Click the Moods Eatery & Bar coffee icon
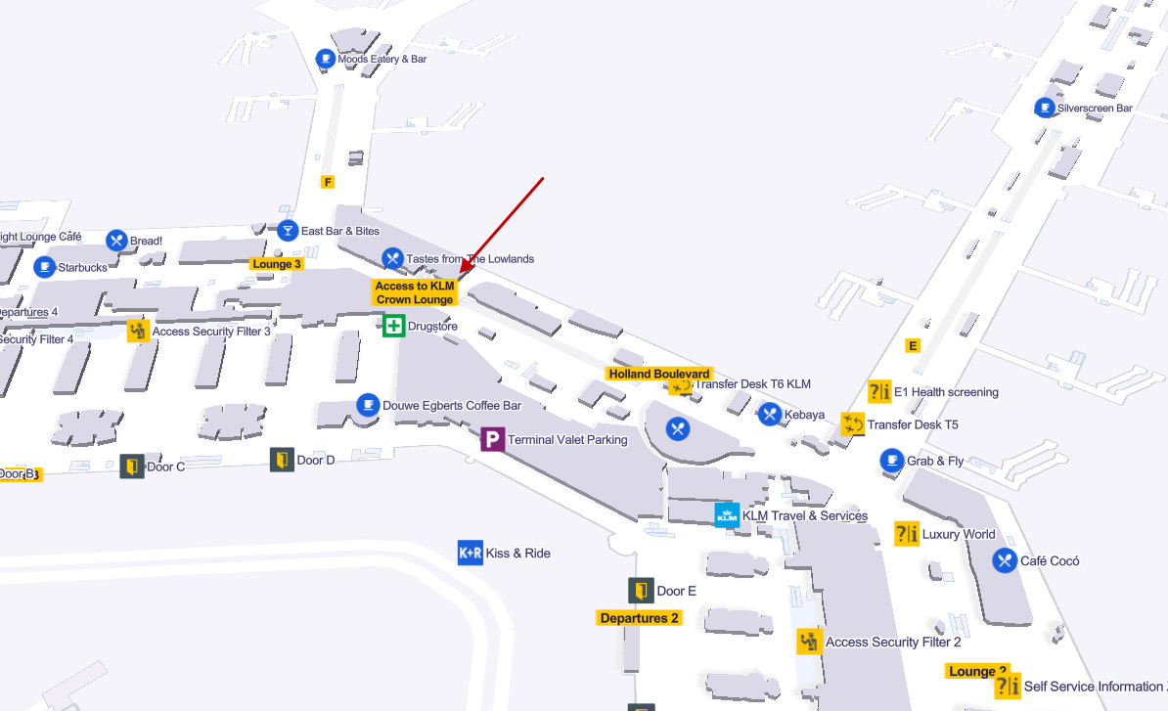pyautogui.click(x=325, y=60)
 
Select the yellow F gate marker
pyautogui.click(x=328, y=182)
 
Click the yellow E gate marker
pyautogui.click(x=914, y=345)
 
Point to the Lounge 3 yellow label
pyautogui.click(x=277, y=264)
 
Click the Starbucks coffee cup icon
pyautogui.click(x=44, y=267)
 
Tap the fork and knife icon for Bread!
pyautogui.click(x=116, y=240)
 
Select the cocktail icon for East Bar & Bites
pyautogui.click(x=288, y=231)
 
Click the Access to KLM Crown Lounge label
pyautogui.click(x=415, y=292)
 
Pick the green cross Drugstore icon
pyautogui.click(x=393, y=326)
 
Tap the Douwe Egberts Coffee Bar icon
pyautogui.click(x=368, y=405)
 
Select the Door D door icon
pyautogui.click(x=282, y=460)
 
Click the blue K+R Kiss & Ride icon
pyautogui.click(x=470, y=553)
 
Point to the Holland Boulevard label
pyautogui.click(x=659, y=375)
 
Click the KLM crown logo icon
pyautogui.click(x=727, y=515)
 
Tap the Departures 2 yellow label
pyautogui.click(x=639, y=618)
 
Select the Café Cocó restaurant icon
pyautogui.click(x=1005, y=560)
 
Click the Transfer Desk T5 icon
pyautogui.click(x=853, y=424)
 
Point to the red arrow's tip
pyautogui.click(x=460, y=273)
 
